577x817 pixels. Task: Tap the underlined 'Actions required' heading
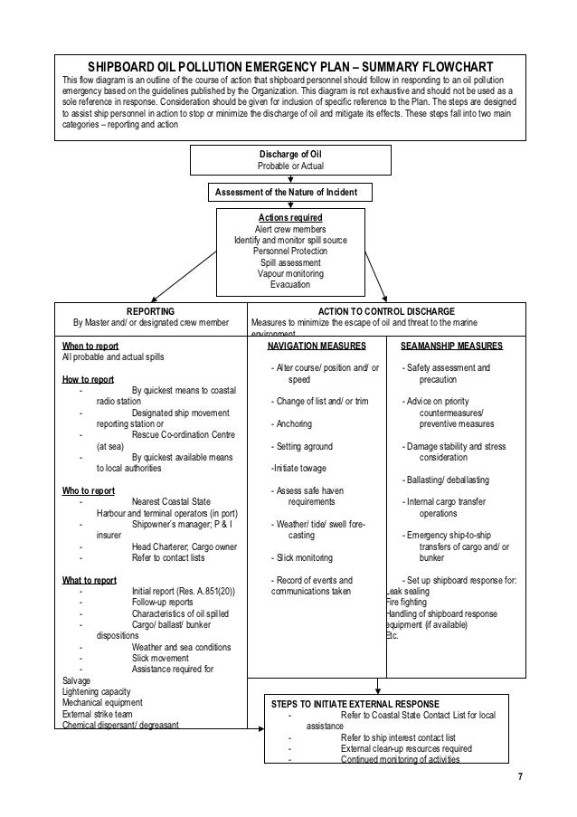coord(290,218)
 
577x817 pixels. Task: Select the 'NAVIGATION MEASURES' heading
coord(317,345)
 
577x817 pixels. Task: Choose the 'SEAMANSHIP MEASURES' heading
coord(452,345)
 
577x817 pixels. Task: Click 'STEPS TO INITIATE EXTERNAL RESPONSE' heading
coord(355,703)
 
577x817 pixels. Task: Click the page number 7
coord(519,778)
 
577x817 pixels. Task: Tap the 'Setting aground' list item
coord(302,446)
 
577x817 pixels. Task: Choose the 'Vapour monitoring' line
coord(290,273)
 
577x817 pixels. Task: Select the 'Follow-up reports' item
coord(161,602)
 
